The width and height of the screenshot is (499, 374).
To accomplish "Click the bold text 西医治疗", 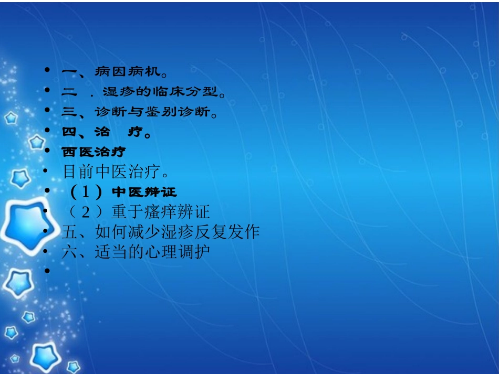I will [93, 152].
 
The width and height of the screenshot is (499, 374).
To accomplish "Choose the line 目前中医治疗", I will [115, 172].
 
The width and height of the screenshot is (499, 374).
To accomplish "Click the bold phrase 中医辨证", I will [145, 192].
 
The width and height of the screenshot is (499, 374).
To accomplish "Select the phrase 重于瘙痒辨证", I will [161, 212].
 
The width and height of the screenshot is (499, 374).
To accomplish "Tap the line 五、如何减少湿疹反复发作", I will [160, 232].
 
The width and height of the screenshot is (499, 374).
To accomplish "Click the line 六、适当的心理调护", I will [136, 252].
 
